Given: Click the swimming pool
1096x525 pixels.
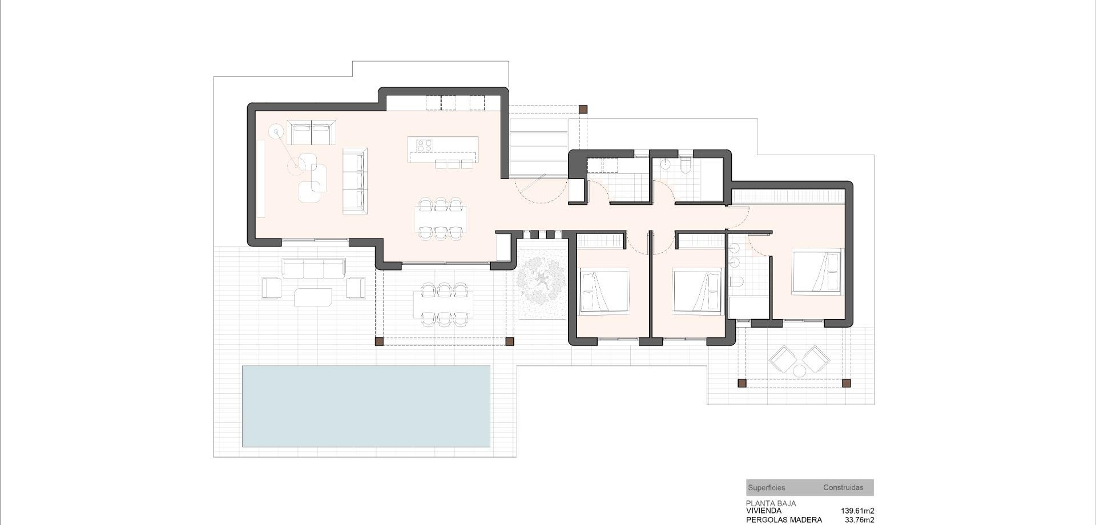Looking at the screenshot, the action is pyautogui.click(x=366, y=406).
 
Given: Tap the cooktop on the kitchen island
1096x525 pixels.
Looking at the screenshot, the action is pyautogui.click(x=424, y=146).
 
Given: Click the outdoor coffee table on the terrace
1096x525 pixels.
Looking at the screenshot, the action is pyautogui.click(x=313, y=297).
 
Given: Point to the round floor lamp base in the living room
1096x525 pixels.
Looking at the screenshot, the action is pyautogui.click(x=277, y=133).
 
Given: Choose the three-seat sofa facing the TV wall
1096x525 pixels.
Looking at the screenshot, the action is pyautogui.click(x=354, y=181).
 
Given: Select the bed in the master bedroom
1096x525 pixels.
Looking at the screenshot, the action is pyautogui.click(x=816, y=272).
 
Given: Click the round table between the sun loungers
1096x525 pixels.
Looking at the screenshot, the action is pyautogui.click(x=799, y=371).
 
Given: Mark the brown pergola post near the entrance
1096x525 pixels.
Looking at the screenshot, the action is pyautogui.click(x=583, y=109).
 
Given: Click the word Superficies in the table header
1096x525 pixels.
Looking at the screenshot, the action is pyautogui.click(x=766, y=488).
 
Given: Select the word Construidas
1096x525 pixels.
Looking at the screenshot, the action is pyautogui.click(x=843, y=488).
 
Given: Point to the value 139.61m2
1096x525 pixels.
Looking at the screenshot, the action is pyautogui.click(x=857, y=511).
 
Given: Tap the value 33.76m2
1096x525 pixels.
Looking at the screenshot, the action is pyautogui.click(x=859, y=520).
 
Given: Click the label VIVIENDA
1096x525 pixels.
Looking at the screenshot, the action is pyautogui.click(x=764, y=511).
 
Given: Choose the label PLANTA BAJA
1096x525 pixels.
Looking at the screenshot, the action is pyautogui.click(x=771, y=504).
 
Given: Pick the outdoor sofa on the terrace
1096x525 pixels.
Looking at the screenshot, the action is pyautogui.click(x=313, y=268).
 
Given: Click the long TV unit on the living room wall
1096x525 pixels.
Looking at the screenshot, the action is pyautogui.click(x=260, y=179).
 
